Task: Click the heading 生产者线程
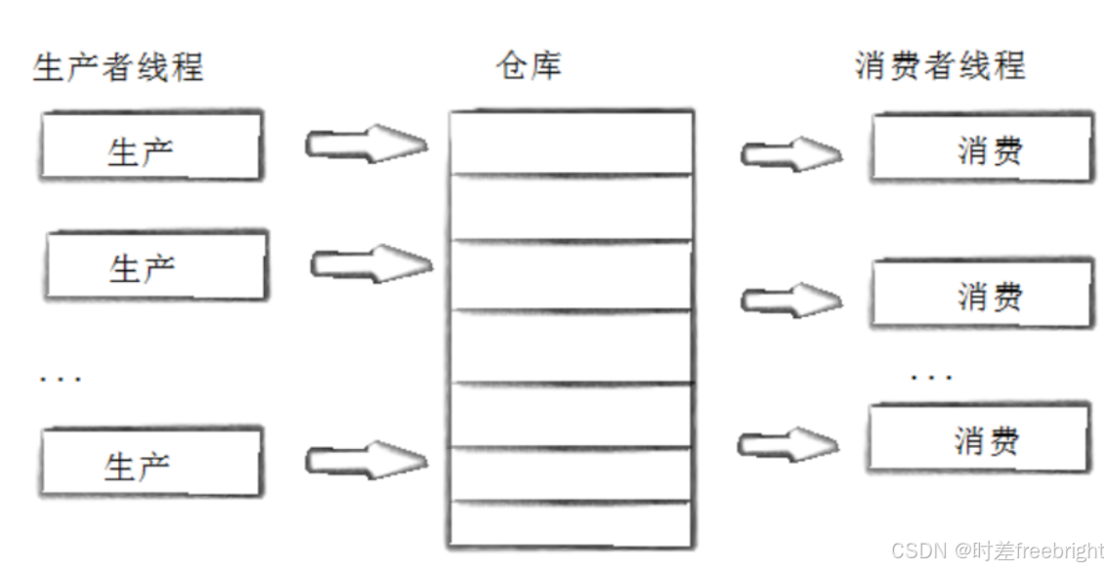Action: (118, 67)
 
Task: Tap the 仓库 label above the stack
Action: (529, 65)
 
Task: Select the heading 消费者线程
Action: (940, 65)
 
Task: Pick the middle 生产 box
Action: (155, 265)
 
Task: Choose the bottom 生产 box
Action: (151, 462)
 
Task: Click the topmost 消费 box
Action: (980, 148)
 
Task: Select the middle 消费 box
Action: (980, 293)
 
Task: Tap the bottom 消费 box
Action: (978, 438)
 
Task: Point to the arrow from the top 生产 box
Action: (366, 145)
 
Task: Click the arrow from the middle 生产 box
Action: (370, 263)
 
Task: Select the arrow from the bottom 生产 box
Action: (366, 459)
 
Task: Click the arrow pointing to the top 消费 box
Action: (790, 153)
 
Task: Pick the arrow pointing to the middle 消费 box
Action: (790, 300)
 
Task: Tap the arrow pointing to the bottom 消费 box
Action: (788, 445)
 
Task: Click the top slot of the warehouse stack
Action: (571, 142)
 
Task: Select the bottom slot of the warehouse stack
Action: (571, 525)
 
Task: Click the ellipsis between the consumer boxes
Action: (930, 376)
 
